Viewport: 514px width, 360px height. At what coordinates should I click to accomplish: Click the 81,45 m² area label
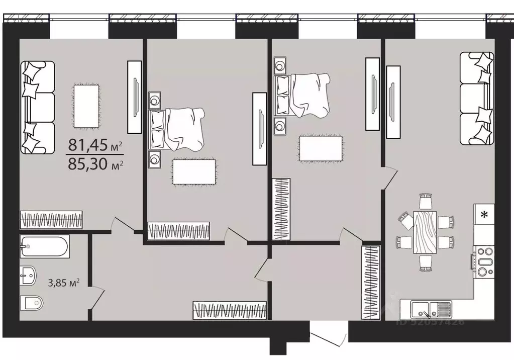click(x=95, y=145)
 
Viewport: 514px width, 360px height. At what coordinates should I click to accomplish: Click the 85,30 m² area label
click(x=95, y=163)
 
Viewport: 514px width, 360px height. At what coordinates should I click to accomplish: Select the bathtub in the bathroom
click(x=45, y=246)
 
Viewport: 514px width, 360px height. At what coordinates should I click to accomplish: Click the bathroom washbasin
click(x=29, y=276)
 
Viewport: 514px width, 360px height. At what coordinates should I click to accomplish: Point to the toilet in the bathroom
click(x=31, y=303)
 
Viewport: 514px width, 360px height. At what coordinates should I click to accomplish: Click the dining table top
click(x=425, y=233)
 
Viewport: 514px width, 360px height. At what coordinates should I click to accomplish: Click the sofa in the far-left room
click(x=37, y=107)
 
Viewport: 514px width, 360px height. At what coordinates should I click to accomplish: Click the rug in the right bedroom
click(x=321, y=149)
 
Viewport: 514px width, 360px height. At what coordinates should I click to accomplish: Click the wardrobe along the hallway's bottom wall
click(x=229, y=309)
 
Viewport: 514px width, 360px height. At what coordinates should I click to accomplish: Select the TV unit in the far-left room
click(x=134, y=97)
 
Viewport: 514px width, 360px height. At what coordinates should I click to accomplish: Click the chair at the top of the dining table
click(x=426, y=201)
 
